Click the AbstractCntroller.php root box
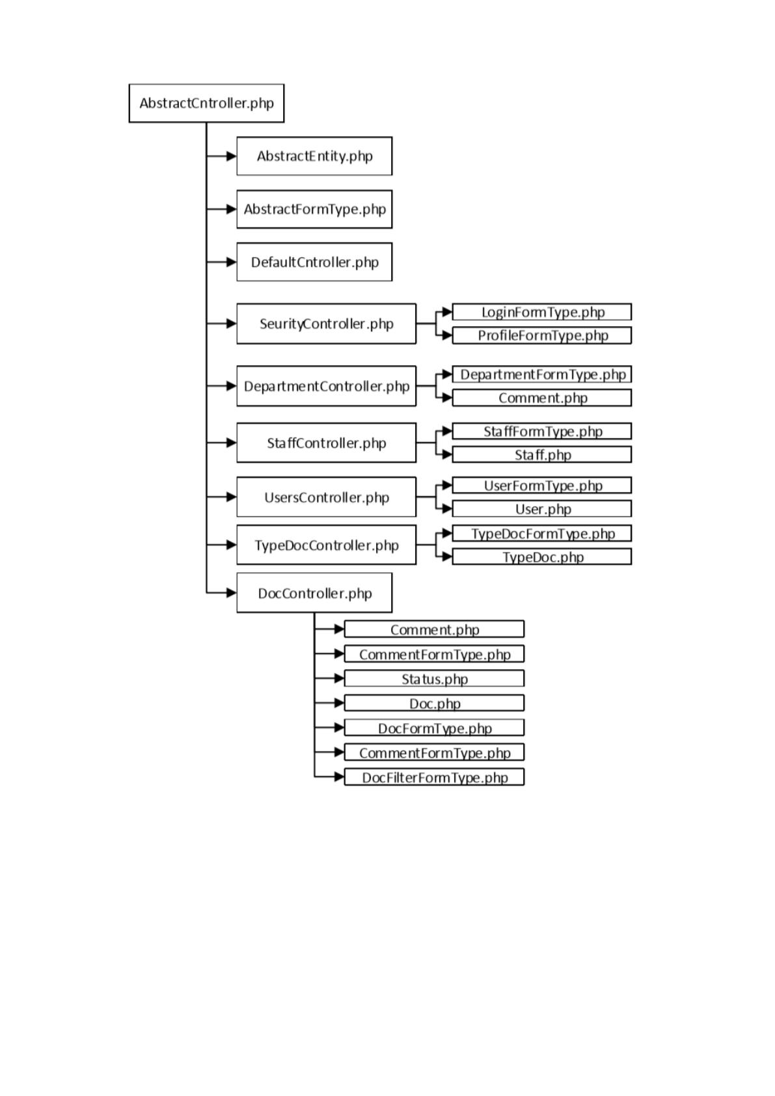click(206, 103)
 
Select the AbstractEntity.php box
click(314, 156)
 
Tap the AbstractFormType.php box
click(314, 209)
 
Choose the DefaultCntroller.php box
click(314, 262)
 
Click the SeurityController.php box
click(327, 323)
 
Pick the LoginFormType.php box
click(541, 312)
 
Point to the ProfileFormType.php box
click(541, 335)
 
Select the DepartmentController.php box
click(327, 386)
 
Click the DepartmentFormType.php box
click(541, 374)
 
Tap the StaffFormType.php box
click(541, 431)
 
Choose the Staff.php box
click(541, 454)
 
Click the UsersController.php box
click(327, 497)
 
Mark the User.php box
click(541, 509)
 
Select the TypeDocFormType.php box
click(541, 533)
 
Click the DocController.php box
click(314, 592)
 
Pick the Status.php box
click(434, 678)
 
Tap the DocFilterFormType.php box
click(434, 777)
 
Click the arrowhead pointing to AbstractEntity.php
click(232, 156)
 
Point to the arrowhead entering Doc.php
click(339, 703)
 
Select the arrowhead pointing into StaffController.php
click(232, 443)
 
